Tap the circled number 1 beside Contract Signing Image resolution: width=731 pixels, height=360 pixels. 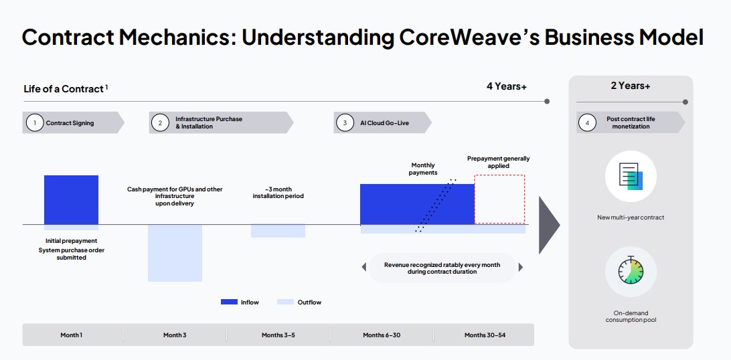pyautogui.click(x=34, y=123)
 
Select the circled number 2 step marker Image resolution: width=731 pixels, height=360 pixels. pyautogui.click(x=161, y=123)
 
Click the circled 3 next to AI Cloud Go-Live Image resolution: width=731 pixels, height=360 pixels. pyautogui.click(x=345, y=123)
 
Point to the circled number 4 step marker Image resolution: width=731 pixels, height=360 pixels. pyautogui.click(x=587, y=123)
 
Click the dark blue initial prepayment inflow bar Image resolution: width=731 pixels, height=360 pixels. pyautogui.click(x=71, y=199)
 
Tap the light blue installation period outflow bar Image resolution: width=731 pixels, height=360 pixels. pyautogui.click(x=278, y=231)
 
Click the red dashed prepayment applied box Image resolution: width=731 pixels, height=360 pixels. pyautogui.click(x=499, y=199)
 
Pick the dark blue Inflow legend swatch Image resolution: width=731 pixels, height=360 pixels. pyautogui.click(x=229, y=302)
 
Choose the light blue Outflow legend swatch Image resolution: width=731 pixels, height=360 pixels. pyautogui.click(x=285, y=302)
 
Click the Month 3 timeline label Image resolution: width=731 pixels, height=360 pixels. pyautogui.click(x=175, y=335)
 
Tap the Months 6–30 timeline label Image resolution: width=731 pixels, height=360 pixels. pyautogui.click(x=382, y=335)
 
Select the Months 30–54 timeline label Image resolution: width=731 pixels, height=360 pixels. pyautogui.click(x=485, y=335)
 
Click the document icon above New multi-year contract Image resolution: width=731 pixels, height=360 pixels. pyautogui.click(x=631, y=177)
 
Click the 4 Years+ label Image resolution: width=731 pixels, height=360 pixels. pyautogui.click(x=506, y=86)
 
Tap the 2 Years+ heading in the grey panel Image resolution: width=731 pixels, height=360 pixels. pyautogui.click(x=631, y=86)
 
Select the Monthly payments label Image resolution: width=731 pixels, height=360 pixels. pyautogui.click(x=422, y=169)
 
